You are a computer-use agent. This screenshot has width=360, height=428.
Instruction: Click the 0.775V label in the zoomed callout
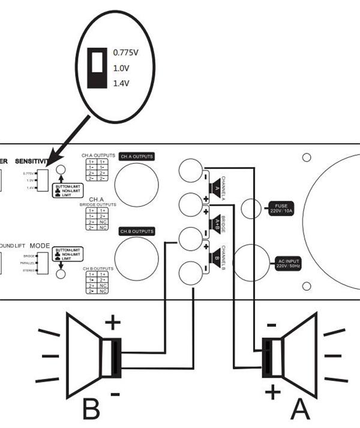pos(126,53)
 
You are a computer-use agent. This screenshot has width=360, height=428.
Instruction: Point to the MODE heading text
pos(40,246)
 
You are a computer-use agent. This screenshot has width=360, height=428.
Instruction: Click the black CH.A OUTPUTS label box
pos(136,156)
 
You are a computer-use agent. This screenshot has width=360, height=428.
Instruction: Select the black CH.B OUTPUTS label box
pos(136,231)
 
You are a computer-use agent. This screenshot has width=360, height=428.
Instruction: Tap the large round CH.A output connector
pos(137,185)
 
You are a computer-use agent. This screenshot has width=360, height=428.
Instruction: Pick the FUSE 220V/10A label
pos(281,209)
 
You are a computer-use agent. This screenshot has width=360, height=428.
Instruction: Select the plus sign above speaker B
pos(112,324)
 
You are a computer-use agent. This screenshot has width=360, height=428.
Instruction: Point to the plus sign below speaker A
pos(273,393)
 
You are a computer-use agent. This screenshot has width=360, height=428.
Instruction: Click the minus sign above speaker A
pos(271,325)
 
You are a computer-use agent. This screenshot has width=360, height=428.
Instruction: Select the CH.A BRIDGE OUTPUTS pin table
pos(97,219)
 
